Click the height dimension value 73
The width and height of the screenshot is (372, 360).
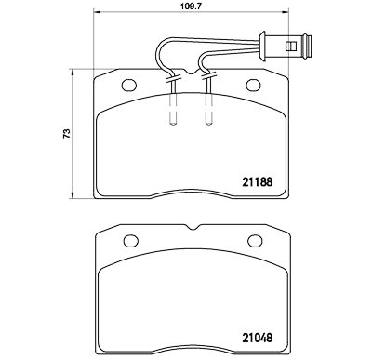click(x=67, y=133)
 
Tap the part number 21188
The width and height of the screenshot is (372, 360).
click(x=258, y=182)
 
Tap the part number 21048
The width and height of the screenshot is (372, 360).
click(x=258, y=338)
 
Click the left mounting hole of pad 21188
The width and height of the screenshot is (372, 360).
click(x=129, y=86)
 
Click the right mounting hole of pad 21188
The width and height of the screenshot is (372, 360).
click(x=253, y=86)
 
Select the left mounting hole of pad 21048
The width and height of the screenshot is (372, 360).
click(x=131, y=241)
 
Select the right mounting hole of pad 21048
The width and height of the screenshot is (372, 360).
click(x=255, y=241)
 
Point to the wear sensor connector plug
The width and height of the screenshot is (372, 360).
click(x=286, y=47)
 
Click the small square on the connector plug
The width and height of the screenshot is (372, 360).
click(x=291, y=47)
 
